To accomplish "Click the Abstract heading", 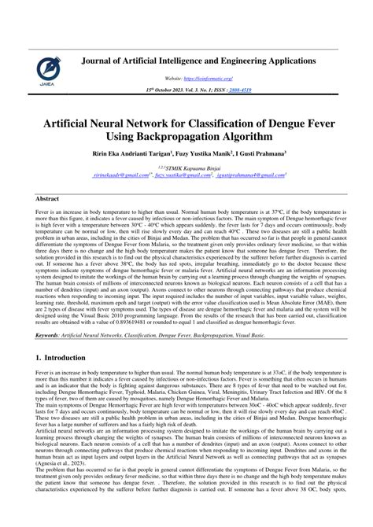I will (x=50, y=201).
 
